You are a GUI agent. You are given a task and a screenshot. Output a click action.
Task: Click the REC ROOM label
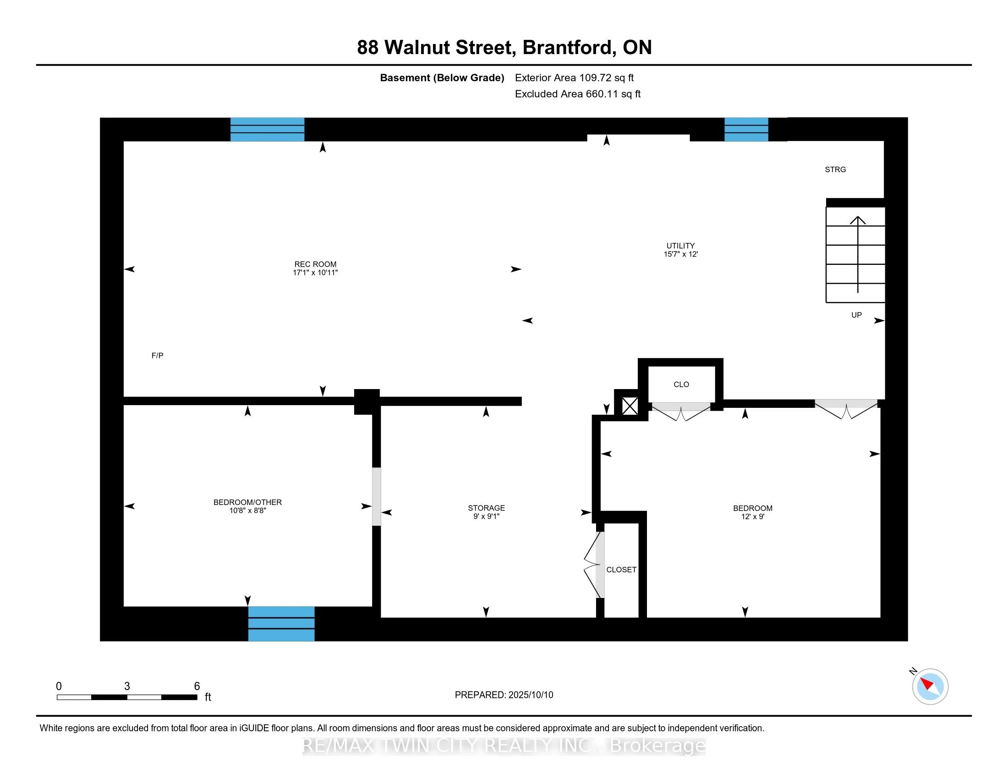pos(315,264)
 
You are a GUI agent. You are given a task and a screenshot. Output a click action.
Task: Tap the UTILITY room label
pos(680,246)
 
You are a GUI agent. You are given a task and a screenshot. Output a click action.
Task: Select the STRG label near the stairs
pos(835,170)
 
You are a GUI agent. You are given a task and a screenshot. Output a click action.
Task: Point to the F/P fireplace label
pos(157,355)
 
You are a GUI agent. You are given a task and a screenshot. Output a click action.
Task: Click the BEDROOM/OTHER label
pos(247,502)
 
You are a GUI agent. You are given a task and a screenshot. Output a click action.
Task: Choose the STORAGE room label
pos(486,508)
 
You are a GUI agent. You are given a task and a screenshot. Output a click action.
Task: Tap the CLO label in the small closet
pos(681,384)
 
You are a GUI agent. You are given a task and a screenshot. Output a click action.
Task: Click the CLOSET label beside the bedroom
pos(621,570)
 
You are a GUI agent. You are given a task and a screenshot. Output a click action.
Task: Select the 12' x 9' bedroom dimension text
pos(753,517)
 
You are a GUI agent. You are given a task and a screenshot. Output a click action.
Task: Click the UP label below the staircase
pos(857,315)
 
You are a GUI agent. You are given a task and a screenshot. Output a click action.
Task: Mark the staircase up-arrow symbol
pos(858,254)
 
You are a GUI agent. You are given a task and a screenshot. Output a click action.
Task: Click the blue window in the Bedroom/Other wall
pos(281,624)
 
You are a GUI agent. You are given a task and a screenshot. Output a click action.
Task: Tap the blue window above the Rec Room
pos(267,130)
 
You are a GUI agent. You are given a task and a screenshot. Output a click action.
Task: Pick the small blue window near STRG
pos(746,130)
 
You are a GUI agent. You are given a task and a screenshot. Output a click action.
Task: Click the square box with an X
pos(630,406)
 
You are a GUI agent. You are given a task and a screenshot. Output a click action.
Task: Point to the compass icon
pos(930,686)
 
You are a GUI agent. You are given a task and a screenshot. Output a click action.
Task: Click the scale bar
pos(127,697)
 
